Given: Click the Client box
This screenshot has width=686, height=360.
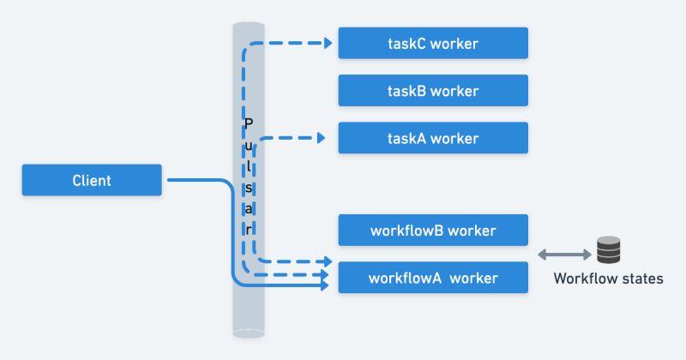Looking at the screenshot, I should click(x=92, y=181).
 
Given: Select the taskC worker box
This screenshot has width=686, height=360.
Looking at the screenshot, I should click(x=432, y=43).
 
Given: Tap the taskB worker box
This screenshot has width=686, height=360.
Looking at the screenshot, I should click(x=432, y=90).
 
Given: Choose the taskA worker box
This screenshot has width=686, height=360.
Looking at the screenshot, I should click(x=432, y=138).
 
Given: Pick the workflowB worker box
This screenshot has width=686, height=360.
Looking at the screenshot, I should click(x=432, y=231).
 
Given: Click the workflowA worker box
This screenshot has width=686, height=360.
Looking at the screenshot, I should click(x=432, y=278).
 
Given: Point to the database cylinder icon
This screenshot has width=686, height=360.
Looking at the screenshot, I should click(x=608, y=250).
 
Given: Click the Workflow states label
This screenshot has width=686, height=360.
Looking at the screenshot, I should click(x=608, y=279).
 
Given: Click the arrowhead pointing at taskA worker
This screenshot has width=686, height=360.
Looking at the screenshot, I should click(x=321, y=137).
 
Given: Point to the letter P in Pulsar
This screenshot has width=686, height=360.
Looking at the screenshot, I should click(x=249, y=123).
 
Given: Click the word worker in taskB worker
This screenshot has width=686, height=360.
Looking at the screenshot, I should click(x=454, y=90).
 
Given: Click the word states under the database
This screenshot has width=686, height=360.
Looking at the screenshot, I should click(x=641, y=279).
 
